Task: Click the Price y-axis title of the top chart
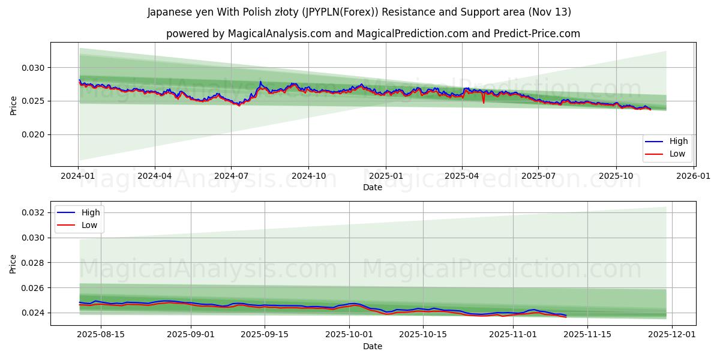pyautogui.click(x=14, y=106)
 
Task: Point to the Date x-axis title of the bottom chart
pyautogui.click(x=372, y=346)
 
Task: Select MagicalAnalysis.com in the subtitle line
pyautogui.click(x=280, y=34)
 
